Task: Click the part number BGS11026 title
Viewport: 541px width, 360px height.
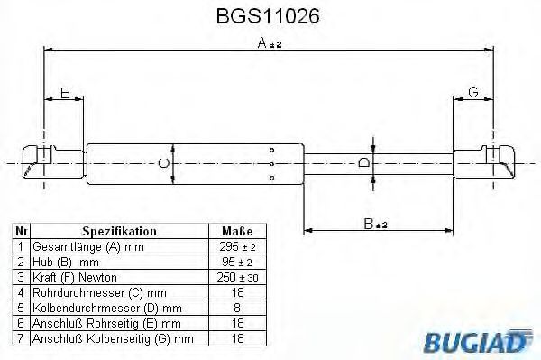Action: (x=268, y=16)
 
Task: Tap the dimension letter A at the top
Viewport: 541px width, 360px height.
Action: (x=262, y=43)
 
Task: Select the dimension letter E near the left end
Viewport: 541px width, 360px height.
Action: (x=65, y=93)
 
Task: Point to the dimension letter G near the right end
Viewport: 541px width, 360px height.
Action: (x=473, y=92)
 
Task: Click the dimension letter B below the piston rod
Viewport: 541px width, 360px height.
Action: (x=369, y=224)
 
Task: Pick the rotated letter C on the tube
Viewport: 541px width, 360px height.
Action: (x=164, y=163)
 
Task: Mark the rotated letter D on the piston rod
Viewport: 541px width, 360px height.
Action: (x=363, y=162)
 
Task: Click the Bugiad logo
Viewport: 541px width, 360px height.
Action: (x=476, y=341)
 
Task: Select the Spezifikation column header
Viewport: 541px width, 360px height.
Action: (x=119, y=231)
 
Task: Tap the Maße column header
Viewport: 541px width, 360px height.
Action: (x=237, y=231)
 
